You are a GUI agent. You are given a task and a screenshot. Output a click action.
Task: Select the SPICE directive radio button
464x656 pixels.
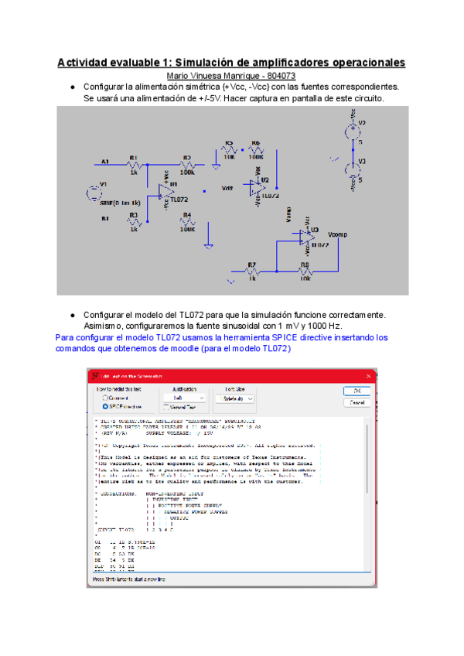(x=104, y=405)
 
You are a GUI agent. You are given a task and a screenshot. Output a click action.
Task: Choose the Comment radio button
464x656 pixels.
(x=104, y=398)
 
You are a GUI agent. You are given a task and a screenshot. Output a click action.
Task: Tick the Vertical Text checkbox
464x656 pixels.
(x=166, y=406)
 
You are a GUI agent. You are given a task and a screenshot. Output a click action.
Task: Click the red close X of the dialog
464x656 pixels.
(x=370, y=376)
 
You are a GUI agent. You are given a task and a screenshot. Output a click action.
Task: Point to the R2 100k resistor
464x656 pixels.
(x=187, y=164)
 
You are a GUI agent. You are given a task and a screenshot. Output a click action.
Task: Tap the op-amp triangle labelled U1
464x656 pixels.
(x=165, y=191)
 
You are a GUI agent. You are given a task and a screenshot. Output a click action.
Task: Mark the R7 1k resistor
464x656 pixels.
(x=251, y=272)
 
